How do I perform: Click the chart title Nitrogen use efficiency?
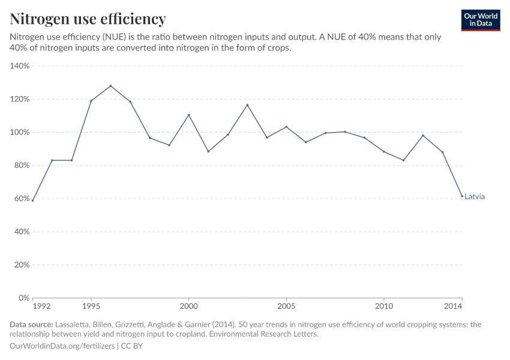point(88,19)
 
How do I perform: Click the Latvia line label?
point(474,197)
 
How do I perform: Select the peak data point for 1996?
point(110,86)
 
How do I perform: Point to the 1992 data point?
point(33,200)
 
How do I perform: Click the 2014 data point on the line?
point(462,196)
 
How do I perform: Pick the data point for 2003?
point(247,105)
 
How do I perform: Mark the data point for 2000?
point(189,115)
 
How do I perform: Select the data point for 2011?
point(403,160)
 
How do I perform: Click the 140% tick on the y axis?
point(20,66)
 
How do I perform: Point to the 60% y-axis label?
point(22,199)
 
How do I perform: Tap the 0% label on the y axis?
point(24,298)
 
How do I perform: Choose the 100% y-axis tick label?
point(20,132)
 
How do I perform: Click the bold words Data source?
point(31,325)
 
